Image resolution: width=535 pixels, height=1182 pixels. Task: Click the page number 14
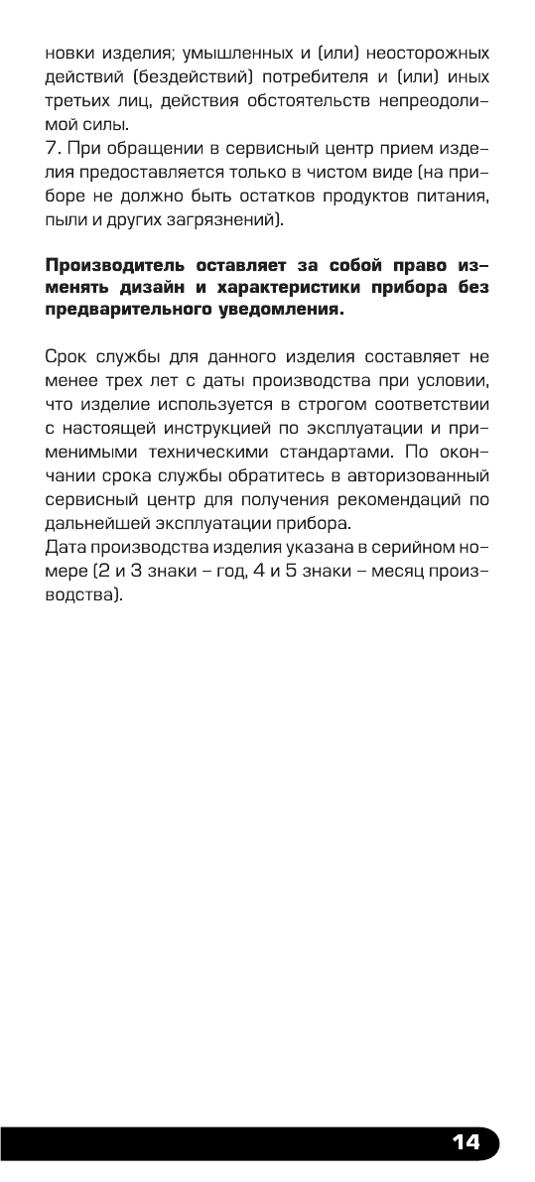(x=465, y=1142)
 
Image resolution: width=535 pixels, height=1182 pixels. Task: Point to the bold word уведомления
(x=281, y=311)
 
